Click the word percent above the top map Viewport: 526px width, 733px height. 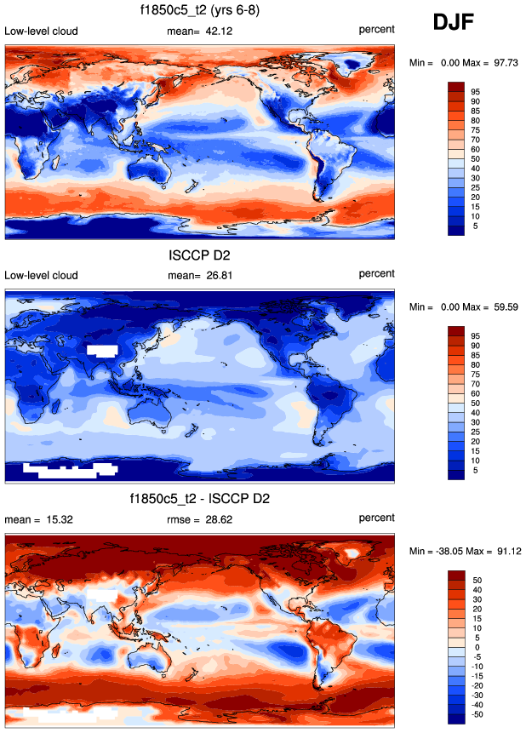[x=376, y=31]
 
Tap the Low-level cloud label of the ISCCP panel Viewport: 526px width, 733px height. [x=41, y=275]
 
